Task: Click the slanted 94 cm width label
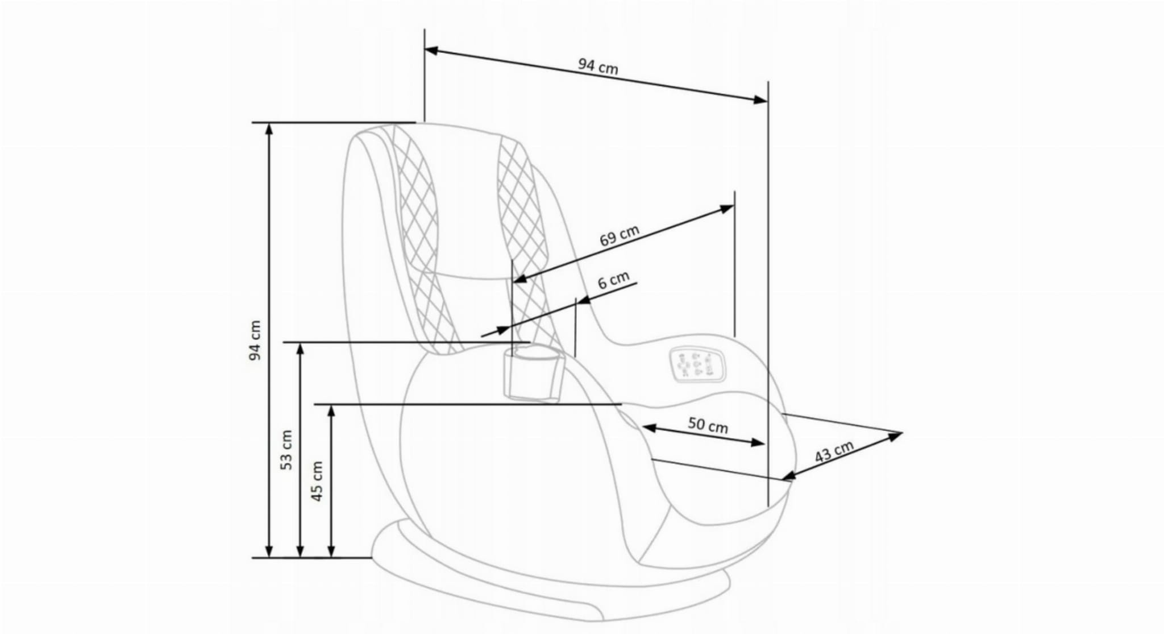pos(598,67)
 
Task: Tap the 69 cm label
pos(620,235)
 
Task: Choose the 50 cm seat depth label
pos(708,425)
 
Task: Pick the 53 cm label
pos(287,449)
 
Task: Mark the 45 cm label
pos(318,481)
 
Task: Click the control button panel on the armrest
pos(696,364)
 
